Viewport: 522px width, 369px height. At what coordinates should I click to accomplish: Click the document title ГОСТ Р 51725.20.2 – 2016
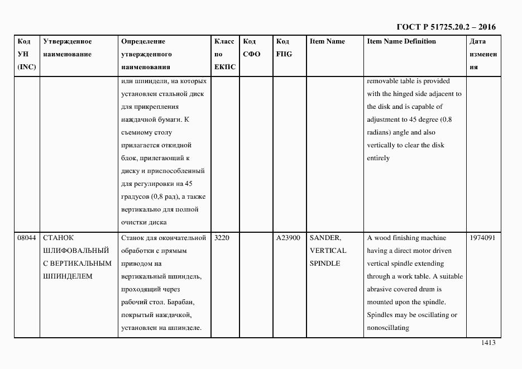446,27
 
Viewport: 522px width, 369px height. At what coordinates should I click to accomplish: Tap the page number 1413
488,343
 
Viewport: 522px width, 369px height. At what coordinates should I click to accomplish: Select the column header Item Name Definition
401,41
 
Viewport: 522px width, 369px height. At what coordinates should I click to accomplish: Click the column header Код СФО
251,48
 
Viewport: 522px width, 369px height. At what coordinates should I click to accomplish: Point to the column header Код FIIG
284,48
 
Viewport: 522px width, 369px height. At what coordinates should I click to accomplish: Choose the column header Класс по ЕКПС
224,54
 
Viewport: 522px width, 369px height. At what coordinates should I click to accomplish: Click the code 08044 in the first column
26,238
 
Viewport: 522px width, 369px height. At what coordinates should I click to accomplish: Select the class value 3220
222,238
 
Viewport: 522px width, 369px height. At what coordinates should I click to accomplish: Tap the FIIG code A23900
288,238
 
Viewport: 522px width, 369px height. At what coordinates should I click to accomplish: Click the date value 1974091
482,238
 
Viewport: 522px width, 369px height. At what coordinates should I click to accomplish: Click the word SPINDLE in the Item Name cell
324,263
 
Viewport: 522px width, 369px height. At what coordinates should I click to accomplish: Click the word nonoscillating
388,328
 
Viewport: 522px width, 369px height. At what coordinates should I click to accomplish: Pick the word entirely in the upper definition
378,158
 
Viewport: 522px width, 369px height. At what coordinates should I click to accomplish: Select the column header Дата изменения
483,54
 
